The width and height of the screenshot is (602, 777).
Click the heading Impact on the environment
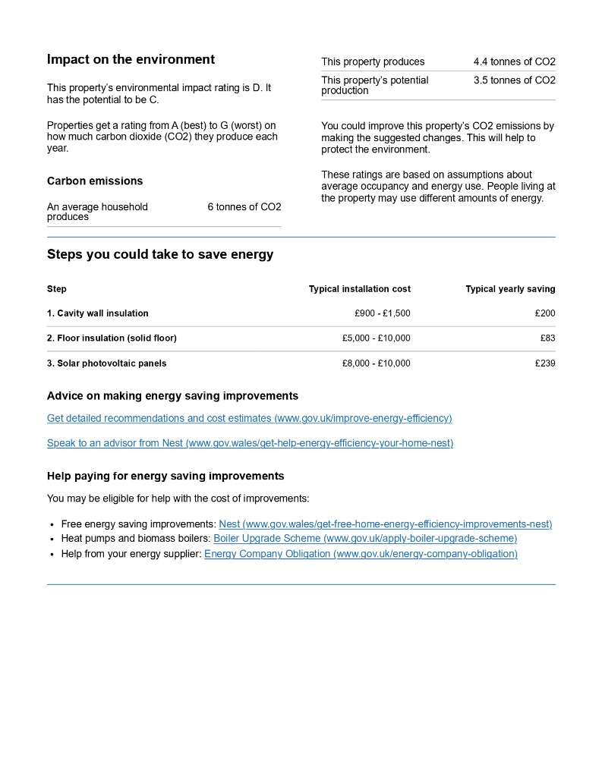tap(131, 60)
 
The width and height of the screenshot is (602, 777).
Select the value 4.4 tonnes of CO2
tap(514, 62)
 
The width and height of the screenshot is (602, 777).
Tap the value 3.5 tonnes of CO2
tap(514, 80)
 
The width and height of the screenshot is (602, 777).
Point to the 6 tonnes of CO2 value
tap(244, 207)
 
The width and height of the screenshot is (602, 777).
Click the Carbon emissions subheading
tap(95, 181)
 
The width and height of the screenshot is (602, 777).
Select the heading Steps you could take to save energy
tap(160, 255)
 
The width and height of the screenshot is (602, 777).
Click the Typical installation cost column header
tap(359, 289)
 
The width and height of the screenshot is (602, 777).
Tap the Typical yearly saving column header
tap(510, 289)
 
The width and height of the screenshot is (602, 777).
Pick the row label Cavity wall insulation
tap(98, 313)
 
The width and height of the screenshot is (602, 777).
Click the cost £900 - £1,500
tap(382, 313)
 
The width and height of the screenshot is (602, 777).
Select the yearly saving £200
tap(544, 313)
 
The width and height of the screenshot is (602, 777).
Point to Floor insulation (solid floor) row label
tap(112, 338)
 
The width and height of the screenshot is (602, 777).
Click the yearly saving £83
tap(547, 338)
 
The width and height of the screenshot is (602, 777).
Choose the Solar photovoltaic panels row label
tap(106, 363)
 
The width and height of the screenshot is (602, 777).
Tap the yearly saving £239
tap(544, 363)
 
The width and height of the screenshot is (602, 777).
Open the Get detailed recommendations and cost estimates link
tap(249, 419)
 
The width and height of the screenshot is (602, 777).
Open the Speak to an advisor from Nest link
tap(250, 443)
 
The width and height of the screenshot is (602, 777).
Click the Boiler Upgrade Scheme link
tap(365, 539)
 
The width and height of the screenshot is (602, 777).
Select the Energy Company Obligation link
tap(361, 554)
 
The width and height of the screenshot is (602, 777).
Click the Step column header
tap(57, 289)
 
